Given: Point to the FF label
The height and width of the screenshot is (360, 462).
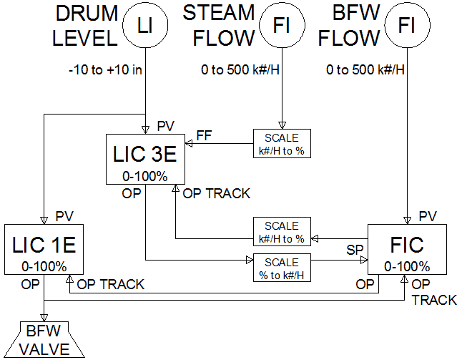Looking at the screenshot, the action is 205,136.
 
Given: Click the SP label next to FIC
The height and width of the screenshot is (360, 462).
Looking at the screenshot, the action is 355,250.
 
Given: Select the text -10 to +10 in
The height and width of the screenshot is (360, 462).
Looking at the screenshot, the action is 105,70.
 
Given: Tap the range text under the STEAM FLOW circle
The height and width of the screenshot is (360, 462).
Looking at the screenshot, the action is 240,70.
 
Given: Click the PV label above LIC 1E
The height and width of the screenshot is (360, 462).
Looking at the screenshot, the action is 64,216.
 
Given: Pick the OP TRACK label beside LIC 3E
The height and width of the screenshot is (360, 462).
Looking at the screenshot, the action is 217,193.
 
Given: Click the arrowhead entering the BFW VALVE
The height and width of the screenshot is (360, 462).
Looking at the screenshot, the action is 44,318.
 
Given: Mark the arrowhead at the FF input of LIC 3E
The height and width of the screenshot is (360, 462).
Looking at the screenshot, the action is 189,144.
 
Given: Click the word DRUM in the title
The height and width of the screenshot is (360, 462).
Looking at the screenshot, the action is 87,14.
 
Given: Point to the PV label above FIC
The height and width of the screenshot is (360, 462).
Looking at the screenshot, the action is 428,216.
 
